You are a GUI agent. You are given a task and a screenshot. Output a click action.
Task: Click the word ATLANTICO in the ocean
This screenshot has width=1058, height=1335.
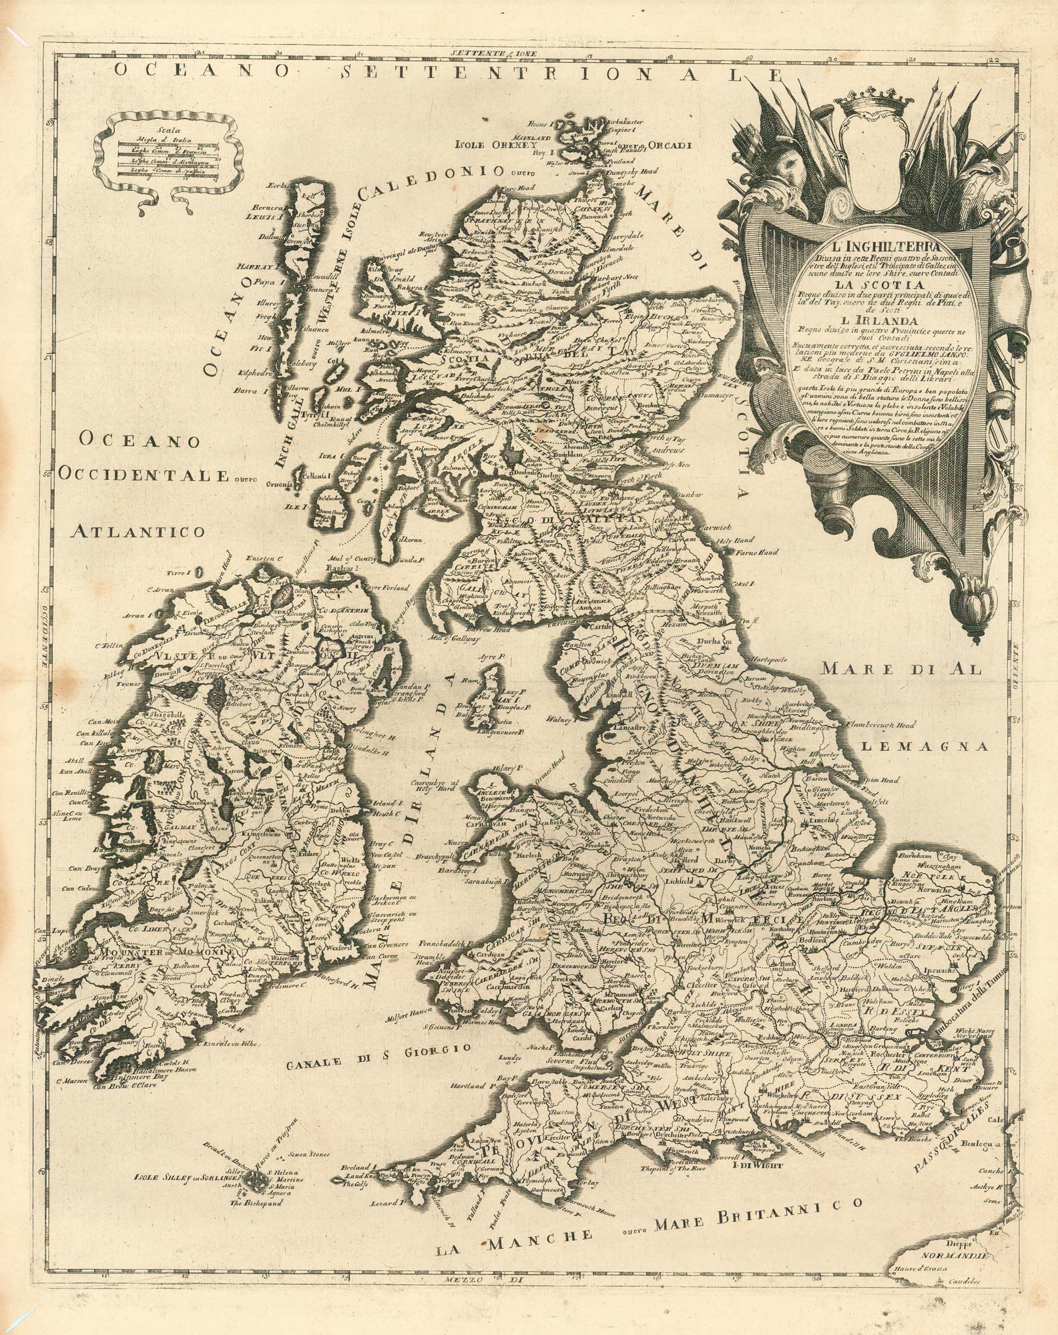pyautogui.click(x=130, y=532)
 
